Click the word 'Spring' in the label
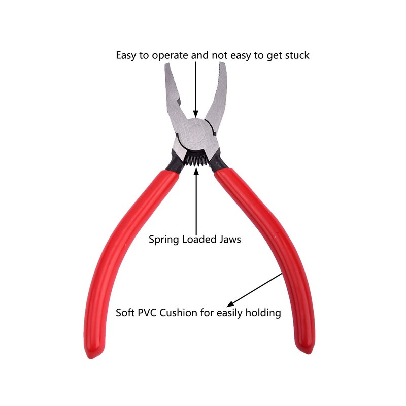click(x=164, y=240)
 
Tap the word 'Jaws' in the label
click(x=230, y=239)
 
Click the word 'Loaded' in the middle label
click(x=199, y=239)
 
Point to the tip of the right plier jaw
click(x=223, y=63)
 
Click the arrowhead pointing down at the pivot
click(x=196, y=114)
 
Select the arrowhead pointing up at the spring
click(x=196, y=172)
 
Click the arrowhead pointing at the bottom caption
click(x=230, y=304)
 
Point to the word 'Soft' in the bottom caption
click(x=125, y=313)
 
